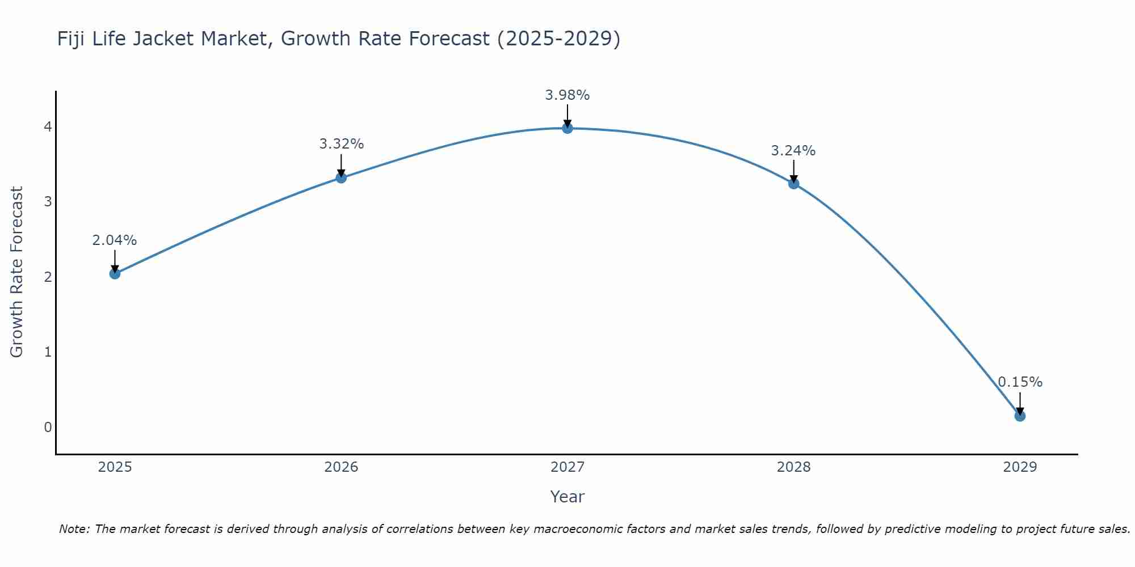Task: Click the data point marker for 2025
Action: pyautogui.click(x=115, y=274)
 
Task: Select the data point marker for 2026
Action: pyautogui.click(x=341, y=177)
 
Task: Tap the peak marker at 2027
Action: pyautogui.click(x=567, y=128)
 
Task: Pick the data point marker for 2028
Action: pyautogui.click(x=793, y=184)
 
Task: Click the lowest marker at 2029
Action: pyautogui.click(x=1020, y=416)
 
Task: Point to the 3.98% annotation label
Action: pyautogui.click(x=567, y=95)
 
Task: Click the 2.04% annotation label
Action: pyautogui.click(x=115, y=240)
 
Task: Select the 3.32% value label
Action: pyautogui.click(x=341, y=144)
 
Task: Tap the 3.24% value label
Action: pyautogui.click(x=793, y=151)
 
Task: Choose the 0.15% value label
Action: pyautogui.click(x=1020, y=382)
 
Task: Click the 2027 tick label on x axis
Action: pyautogui.click(x=567, y=467)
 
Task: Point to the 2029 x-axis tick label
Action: pyautogui.click(x=1020, y=467)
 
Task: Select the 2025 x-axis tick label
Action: pyautogui.click(x=115, y=467)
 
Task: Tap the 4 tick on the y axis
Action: pyautogui.click(x=48, y=126)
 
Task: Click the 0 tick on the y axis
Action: pyautogui.click(x=48, y=427)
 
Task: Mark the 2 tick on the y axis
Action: pyautogui.click(x=48, y=277)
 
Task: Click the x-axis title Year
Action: pyautogui.click(x=567, y=497)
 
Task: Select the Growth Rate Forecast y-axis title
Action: pyautogui.click(x=17, y=272)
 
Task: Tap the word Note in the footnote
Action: pyautogui.click(x=73, y=529)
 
